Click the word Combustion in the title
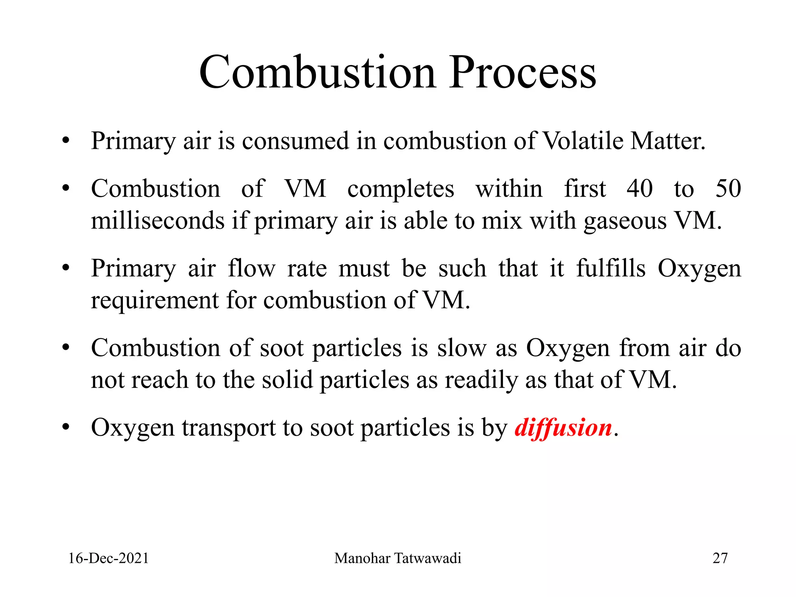click(x=317, y=72)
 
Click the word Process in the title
click(x=522, y=72)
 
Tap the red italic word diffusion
click(x=563, y=428)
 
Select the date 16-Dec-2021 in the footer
click(x=108, y=558)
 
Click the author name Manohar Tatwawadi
click(x=398, y=558)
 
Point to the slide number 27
click(x=720, y=558)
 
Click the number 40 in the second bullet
click(x=640, y=189)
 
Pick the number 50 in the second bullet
click(x=728, y=189)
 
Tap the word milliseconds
click(x=157, y=221)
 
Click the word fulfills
click(x=611, y=268)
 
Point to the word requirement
click(x=155, y=301)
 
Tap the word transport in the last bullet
click(x=229, y=428)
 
